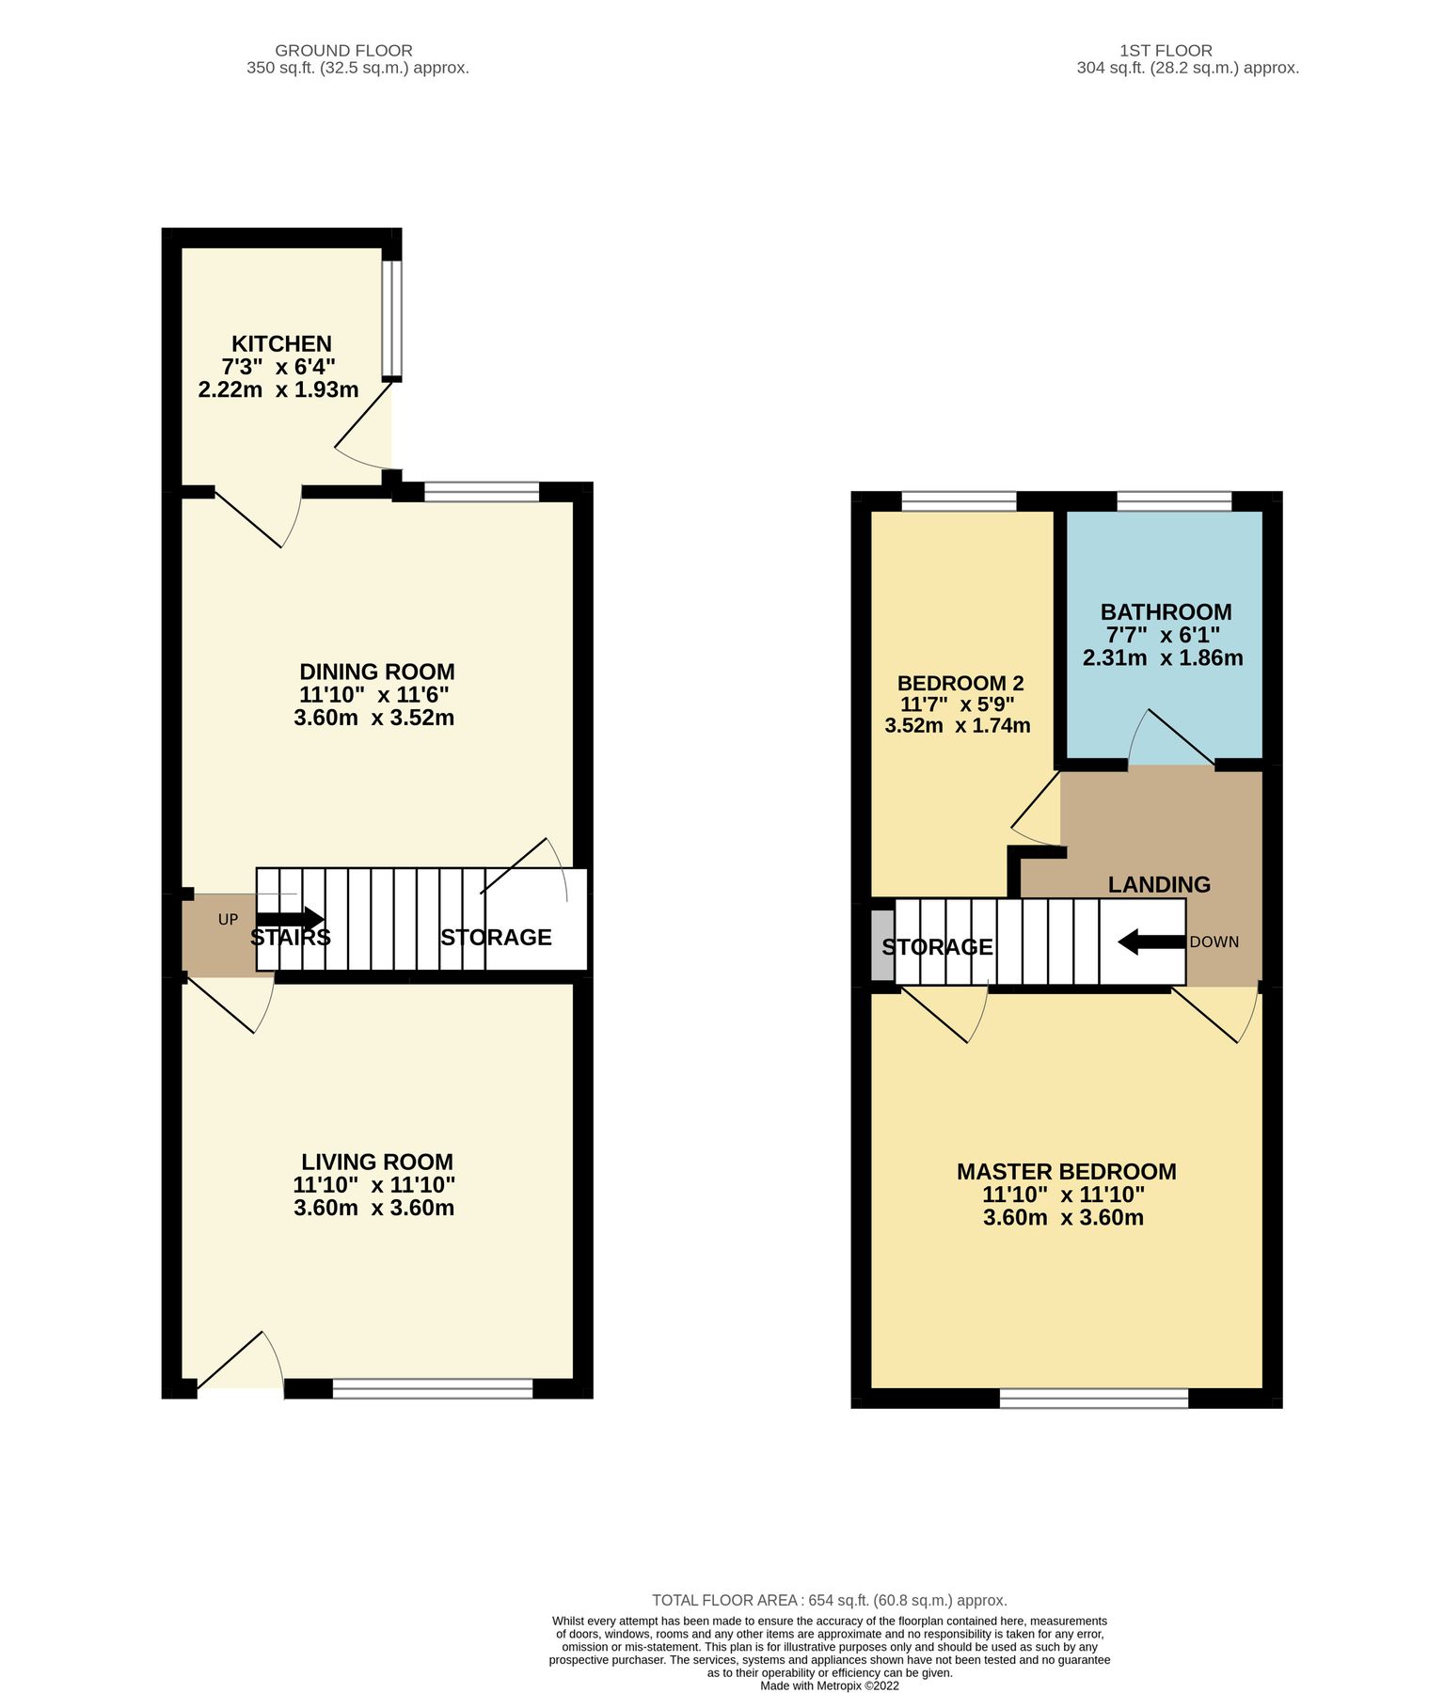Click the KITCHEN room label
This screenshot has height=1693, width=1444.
[281, 344]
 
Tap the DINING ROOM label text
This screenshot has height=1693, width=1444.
[376, 672]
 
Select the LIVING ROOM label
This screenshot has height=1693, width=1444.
[376, 1162]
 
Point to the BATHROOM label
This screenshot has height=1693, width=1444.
[1166, 612]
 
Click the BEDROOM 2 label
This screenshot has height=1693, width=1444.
[960, 684]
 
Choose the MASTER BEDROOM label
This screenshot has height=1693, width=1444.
[1066, 1172]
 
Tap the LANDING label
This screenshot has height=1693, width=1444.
[1159, 885]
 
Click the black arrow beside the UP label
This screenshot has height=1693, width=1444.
[289, 919]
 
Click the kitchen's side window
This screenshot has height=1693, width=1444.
[391, 319]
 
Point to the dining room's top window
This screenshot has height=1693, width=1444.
[482, 492]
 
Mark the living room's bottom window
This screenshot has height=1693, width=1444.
[433, 1388]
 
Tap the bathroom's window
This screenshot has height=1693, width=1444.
[1174, 501]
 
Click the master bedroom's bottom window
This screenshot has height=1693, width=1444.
[1093, 1399]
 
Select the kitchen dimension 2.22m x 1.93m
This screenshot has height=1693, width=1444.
[278, 389]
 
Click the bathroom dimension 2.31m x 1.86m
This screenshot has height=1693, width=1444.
[1163, 658]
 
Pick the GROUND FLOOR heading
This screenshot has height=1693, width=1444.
[343, 51]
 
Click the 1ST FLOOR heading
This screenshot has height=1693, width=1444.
[1166, 51]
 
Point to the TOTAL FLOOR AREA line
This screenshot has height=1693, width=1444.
[829, 1600]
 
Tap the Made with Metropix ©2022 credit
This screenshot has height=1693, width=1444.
[829, 1685]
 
